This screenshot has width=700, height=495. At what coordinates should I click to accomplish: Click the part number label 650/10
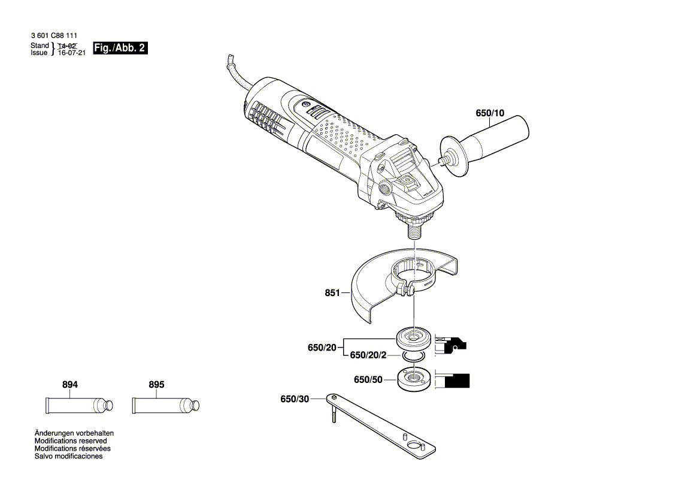tap(490, 113)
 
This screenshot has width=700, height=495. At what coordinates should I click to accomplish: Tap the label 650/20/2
tap(368, 355)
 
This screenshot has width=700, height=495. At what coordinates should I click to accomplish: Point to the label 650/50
tap(368, 379)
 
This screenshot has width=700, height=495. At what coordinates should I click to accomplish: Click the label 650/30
tap(294, 399)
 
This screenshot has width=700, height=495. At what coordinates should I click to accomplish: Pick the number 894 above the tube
tap(70, 385)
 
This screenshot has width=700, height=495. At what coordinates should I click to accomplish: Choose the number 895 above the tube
tap(156, 385)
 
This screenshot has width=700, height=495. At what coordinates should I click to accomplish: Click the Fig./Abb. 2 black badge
tap(120, 48)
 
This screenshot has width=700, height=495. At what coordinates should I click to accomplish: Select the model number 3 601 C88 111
tap(53, 37)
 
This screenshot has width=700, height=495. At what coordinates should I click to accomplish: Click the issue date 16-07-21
tap(71, 53)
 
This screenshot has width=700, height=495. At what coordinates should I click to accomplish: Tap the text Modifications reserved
tap(71, 440)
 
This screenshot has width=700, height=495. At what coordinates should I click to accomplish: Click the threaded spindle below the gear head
tap(414, 230)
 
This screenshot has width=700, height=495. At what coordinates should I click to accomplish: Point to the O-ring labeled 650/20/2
tap(413, 357)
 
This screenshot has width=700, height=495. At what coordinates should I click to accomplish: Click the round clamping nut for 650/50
tap(413, 380)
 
